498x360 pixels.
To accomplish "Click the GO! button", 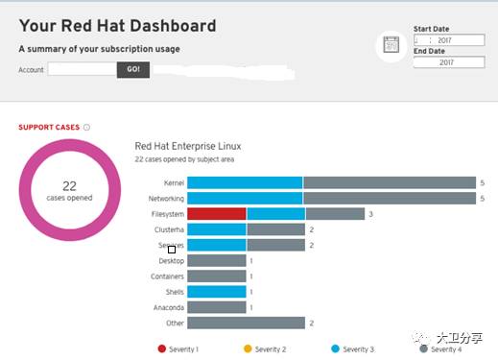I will click(x=133, y=69).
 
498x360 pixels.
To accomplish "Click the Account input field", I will click(x=82, y=69).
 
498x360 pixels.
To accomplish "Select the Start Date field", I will click(x=448, y=40).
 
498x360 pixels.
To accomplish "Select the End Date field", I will click(x=448, y=62).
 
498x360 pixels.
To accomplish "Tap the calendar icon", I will click(x=391, y=44).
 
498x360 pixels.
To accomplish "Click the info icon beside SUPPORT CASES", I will click(x=86, y=127).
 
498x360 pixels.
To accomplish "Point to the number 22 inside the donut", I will click(x=69, y=186).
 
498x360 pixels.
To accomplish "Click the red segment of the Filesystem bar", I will click(x=217, y=214).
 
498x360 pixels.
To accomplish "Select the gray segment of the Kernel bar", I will click(x=390, y=182).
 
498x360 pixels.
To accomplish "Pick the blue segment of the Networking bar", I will click(x=245, y=198).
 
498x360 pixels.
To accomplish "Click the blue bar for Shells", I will click(x=217, y=292).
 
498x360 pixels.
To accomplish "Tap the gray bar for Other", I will click(x=246, y=324).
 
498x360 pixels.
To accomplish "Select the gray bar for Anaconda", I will click(x=217, y=307).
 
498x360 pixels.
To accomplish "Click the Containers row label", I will click(x=167, y=276).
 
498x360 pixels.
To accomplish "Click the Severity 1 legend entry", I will click(x=178, y=348).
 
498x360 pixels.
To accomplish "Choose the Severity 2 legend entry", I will click(x=265, y=348).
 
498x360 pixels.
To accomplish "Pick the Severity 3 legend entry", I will click(x=352, y=348).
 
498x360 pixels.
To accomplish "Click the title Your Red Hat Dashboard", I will click(x=117, y=26).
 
